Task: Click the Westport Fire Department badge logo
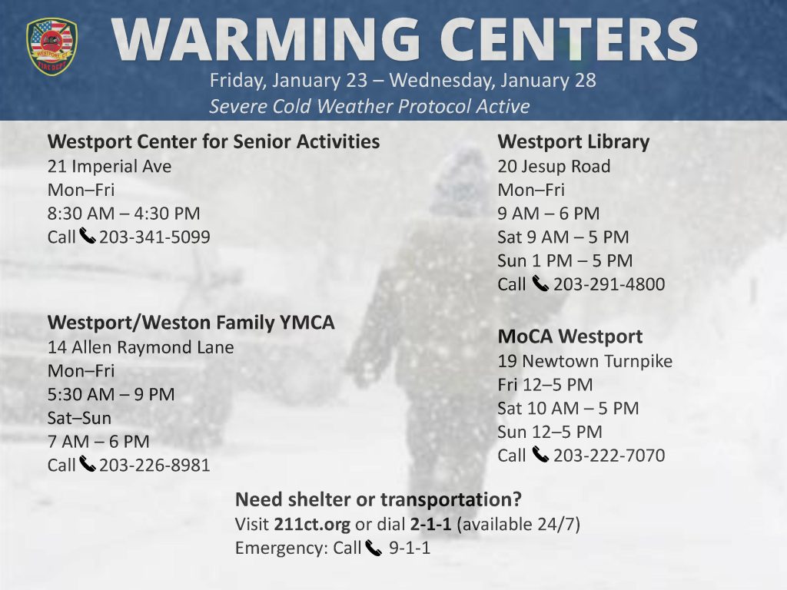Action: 51,47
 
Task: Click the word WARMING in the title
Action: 265,39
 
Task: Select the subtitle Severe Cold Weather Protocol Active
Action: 370,106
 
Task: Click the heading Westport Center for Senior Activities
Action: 214,141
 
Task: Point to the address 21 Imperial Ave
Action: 109,166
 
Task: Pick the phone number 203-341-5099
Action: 154,237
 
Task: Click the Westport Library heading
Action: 573,142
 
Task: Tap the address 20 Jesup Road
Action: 554,166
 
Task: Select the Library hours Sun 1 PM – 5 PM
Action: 565,260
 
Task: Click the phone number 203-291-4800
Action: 609,284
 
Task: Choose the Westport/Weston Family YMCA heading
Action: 191,323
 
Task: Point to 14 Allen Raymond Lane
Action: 141,347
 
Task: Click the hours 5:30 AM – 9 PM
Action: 111,394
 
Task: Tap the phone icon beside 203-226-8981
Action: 88,464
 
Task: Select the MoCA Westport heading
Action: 570,336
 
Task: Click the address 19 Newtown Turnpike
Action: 585,361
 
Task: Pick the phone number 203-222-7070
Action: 609,455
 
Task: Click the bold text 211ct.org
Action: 312,524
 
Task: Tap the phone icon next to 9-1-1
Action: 374,548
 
